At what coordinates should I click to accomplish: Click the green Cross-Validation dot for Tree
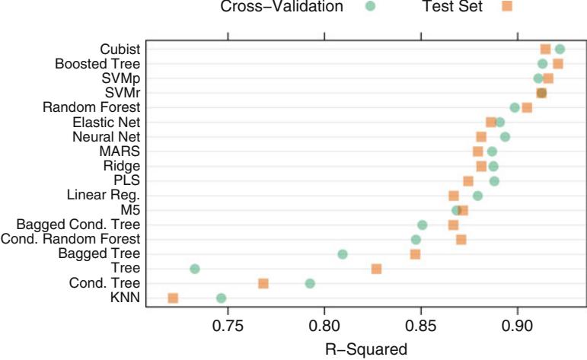coord(195,269)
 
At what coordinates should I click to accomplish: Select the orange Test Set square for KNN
coord(173,298)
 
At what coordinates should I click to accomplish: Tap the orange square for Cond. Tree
coord(263,283)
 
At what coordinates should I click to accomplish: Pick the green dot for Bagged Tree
coord(343,254)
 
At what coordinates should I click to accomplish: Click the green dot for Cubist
coord(560,49)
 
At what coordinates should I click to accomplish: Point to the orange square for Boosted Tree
coord(558,64)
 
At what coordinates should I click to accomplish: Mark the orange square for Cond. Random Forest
coord(461,240)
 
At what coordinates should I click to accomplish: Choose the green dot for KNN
coord(222,298)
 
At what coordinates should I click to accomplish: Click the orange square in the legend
coord(507,8)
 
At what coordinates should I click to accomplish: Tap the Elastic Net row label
coord(107,122)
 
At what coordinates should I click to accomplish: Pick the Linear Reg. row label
coord(104,196)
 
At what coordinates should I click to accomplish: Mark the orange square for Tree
coord(376,269)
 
